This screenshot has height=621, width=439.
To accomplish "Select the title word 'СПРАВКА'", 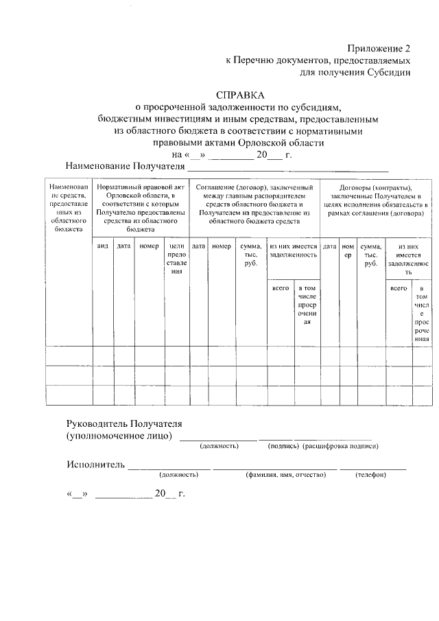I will coord(239,95).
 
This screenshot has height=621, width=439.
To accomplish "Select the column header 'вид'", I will coord(103,246).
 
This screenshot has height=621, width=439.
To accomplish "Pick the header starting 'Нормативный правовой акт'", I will coord(141,209).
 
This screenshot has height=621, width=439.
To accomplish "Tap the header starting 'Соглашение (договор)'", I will coord(254,204).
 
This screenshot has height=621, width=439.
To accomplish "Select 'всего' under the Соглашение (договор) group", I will coord(281,289).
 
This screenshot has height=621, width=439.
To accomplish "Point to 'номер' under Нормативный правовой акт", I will coord(148,246).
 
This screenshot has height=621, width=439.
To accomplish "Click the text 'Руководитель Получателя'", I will coord(124,423).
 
